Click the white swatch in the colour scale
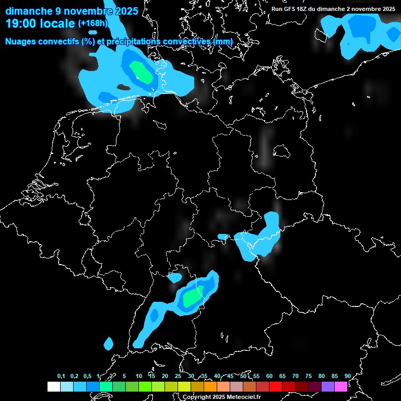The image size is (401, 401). (x=54, y=386)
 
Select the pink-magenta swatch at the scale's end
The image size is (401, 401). (x=340, y=386)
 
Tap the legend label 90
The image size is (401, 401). (x=347, y=376)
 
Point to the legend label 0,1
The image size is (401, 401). (x=61, y=376)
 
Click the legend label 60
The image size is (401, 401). (x=269, y=376)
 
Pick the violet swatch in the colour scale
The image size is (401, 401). (x=327, y=386)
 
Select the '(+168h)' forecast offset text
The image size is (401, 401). (x=93, y=23)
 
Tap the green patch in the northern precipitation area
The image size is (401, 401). (x=141, y=73)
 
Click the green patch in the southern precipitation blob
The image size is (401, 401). (x=193, y=297)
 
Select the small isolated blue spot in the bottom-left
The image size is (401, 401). (x=109, y=344)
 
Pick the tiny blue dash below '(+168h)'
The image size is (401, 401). (x=93, y=32)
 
